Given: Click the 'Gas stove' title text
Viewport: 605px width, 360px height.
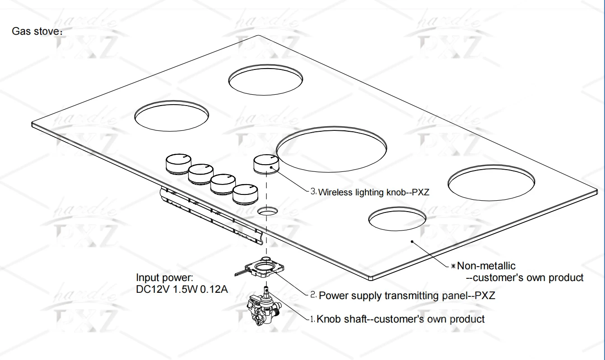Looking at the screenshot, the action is tap(37, 31).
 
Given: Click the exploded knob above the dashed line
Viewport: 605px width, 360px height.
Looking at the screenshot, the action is tap(266, 164).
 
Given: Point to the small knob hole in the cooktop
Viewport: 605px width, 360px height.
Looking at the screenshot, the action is tap(267, 211).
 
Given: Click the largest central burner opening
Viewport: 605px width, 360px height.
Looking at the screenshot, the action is tap(331, 149).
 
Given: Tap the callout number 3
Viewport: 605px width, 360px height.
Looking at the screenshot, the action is tap(313, 192).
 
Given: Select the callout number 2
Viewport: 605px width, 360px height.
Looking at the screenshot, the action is tap(313, 295).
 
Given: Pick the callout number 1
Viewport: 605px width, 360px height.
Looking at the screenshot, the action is tap(312, 319).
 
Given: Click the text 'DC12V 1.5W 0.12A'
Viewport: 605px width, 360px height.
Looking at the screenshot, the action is tap(182, 289).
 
